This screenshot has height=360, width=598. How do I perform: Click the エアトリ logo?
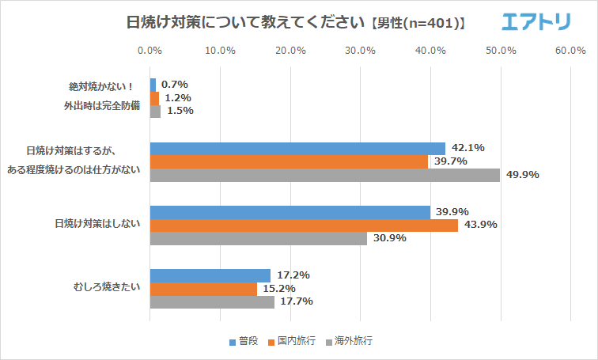click(x=536, y=21)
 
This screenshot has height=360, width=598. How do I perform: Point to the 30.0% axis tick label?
click(x=361, y=51)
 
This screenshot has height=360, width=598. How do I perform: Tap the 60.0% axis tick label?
click(x=570, y=51)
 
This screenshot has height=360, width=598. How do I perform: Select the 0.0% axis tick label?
click(x=149, y=51)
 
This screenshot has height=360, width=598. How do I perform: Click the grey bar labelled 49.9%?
click(x=324, y=175)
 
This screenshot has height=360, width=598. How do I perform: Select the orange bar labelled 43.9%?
click(x=304, y=225)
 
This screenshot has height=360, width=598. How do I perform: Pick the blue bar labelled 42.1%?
click(x=297, y=149)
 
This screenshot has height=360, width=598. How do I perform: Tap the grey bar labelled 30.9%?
click(x=258, y=238)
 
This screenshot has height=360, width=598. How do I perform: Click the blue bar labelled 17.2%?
click(x=210, y=275)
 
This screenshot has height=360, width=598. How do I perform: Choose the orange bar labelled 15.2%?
click(x=202, y=288)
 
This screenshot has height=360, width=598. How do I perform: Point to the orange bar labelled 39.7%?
click(x=289, y=161)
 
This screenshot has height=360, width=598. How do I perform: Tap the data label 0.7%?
click(x=174, y=85)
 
